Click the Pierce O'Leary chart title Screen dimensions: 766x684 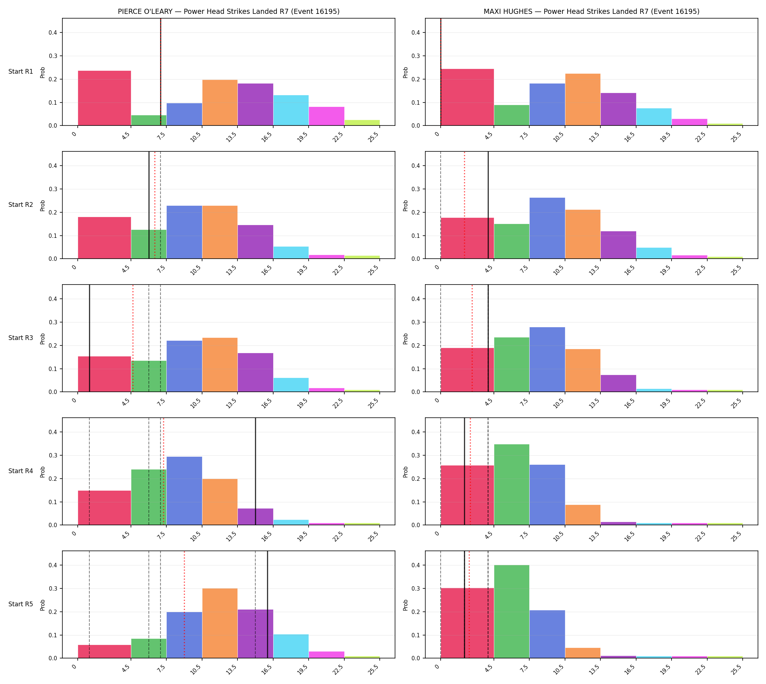pyautogui.click(x=228, y=12)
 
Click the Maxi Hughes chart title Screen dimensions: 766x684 pyautogui.click(x=591, y=12)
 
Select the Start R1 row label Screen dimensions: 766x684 pyautogui.click(x=21, y=72)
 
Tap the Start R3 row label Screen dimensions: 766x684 pyautogui.click(x=21, y=338)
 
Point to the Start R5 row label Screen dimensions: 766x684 pyautogui.click(x=21, y=604)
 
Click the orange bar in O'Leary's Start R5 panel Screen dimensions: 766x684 pyautogui.click(x=220, y=623)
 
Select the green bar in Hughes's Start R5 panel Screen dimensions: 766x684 pyautogui.click(x=511, y=611)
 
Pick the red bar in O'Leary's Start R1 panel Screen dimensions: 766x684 pyautogui.click(x=104, y=98)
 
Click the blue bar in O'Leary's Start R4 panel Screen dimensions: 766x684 pyautogui.click(x=184, y=491)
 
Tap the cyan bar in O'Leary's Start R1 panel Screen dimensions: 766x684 pyautogui.click(x=291, y=111)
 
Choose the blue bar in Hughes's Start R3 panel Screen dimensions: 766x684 pyautogui.click(x=547, y=360)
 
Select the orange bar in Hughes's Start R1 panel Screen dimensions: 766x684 pyautogui.click(x=583, y=100)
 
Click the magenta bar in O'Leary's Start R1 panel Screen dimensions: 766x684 pyautogui.click(x=326, y=116)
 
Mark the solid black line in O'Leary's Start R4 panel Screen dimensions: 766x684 pyautogui.click(x=256, y=471)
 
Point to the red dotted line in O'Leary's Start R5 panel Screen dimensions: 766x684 pyautogui.click(x=184, y=604)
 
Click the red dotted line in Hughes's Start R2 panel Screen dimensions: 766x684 pyautogui.click(x=464, y=205)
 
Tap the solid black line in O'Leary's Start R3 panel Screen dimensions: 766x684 pyautogui.click(x=89, y=338)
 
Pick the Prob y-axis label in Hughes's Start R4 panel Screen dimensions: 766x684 pyautogui.click(x=406, y=472)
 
